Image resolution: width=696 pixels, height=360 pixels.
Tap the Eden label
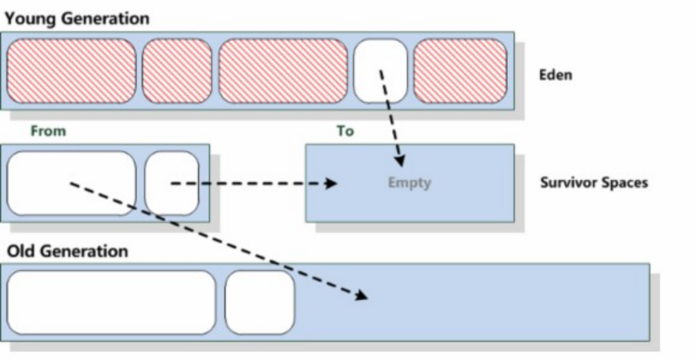(556, 76)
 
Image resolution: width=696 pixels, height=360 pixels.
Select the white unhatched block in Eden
(381, 71)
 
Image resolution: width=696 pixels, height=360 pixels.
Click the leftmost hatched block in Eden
(71, 71)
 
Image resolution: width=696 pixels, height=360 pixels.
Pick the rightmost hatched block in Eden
(460, 71)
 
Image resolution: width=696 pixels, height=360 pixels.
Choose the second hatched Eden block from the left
(178, 71)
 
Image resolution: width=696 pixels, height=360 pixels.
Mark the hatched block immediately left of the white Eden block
(283, 71)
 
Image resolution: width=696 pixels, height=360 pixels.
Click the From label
(48, 130)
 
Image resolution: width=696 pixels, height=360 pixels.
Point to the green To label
(345, 130)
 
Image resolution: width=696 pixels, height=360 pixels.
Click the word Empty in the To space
(409, 183)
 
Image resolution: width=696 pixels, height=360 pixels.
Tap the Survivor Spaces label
(594, 183)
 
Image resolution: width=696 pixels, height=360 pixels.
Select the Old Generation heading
(67, 251)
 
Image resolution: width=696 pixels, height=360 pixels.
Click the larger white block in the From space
(71, 183)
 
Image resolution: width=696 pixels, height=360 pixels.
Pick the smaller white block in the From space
(172, 183)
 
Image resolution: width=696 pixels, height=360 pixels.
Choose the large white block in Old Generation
(111, 302)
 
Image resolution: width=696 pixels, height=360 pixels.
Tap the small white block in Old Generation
(260, 302)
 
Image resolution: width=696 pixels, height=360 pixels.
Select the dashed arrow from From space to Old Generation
(216, 240)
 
